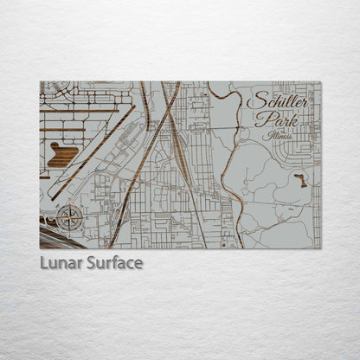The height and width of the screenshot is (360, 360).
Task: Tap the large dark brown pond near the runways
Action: tap(63, 155)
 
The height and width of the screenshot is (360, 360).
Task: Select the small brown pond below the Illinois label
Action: tap(300, 180)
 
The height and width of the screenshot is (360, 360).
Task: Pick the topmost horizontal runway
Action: tap(87, 111)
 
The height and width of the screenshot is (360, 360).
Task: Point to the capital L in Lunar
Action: tap(44, 263)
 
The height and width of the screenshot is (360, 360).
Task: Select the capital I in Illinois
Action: tap(269, 135)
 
